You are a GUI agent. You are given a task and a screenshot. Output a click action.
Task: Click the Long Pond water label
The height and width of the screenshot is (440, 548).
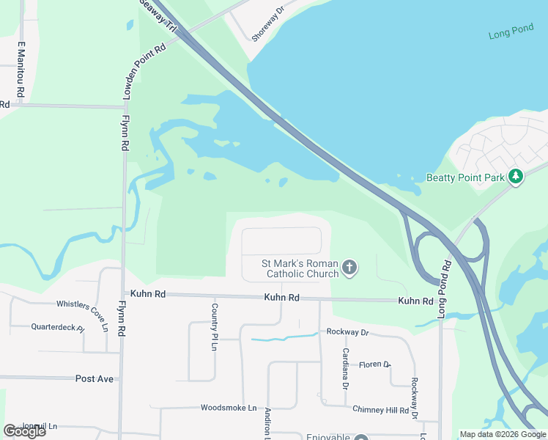click(x=510, y=35)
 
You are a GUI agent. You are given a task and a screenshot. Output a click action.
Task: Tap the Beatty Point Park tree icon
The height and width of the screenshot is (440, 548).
click(x=516, y=177)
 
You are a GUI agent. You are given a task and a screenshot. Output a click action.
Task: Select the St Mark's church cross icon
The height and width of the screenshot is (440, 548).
click(x=349, y=268)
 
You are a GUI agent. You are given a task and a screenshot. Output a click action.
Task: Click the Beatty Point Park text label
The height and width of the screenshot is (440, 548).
click(x=466, y=177)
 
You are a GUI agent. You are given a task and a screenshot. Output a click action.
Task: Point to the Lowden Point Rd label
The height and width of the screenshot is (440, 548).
click(x=146, y=70)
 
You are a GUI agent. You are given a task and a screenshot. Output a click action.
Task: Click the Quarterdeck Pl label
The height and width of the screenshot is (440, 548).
click(x=58, y=327)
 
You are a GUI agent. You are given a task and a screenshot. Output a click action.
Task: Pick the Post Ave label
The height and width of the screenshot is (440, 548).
click(x=95, y=378)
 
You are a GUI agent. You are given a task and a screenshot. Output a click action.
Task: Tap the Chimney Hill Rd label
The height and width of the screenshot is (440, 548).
click(x=380, y=410)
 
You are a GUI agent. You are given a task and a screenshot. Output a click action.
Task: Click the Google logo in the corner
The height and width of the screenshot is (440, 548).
click(x=24, y=431)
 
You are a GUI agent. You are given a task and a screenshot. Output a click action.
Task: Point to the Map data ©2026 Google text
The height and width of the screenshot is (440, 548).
click(x=503, y=434)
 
